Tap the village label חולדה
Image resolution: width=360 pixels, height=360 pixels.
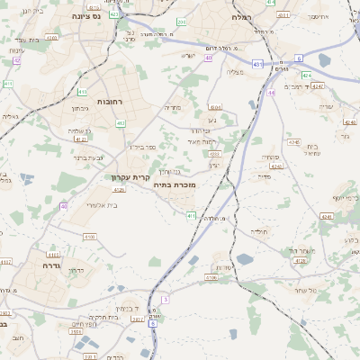pyautogui.click(x=259, y=230)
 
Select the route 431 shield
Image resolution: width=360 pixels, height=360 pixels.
pyautogui.click(x=257, y=64)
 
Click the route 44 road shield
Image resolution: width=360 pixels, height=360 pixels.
pyautogui.click(x=271, y=92)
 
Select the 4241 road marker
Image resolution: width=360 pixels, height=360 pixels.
pyautogui.click(x=326, y=216)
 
